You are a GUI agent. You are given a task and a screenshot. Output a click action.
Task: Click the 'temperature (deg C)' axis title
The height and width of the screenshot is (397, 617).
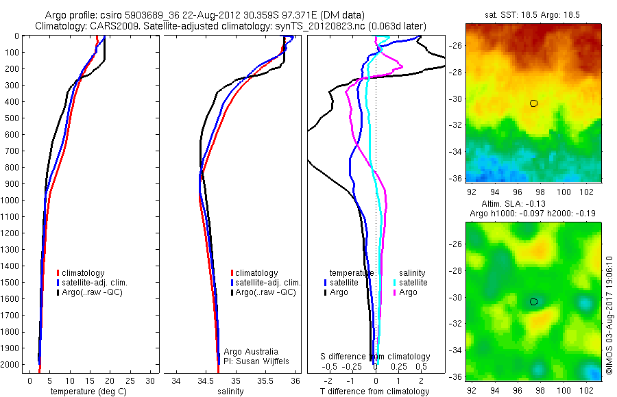pyautogui.click(x=86, y=392)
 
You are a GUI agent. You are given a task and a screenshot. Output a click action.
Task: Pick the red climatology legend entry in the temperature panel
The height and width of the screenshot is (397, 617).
pyautogui.click(x=83, y=273)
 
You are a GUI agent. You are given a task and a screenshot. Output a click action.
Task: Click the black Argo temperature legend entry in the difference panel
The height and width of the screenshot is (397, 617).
pyautogui.click(x=337, y=292)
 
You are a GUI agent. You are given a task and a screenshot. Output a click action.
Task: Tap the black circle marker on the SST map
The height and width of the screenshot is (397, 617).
pyautogui.click(x=533, y=103)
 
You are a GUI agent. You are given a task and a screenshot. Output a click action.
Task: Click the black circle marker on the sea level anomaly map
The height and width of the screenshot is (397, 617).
pyautogui.click(x=533, y=301)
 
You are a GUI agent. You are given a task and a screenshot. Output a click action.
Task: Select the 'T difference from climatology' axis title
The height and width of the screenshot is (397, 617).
pyautogui.click(x=375, y=392)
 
